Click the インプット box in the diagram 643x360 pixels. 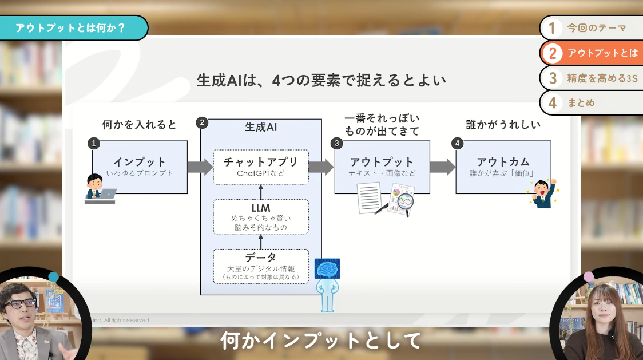tap(140, 166)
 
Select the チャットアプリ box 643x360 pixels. tap(261, 167)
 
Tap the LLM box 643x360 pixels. tap(261, 216)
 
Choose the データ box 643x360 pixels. tap(261, 266)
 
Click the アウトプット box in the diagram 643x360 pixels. tap(382, 166)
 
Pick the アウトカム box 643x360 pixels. tap(503, 166)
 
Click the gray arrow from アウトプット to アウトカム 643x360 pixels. tap(442, 167)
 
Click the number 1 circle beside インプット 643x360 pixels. tap(94, 143)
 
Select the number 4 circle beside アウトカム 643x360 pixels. tap(457, 143)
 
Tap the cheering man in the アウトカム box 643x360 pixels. tap(541, 193)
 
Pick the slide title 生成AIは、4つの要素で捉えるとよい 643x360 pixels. tap(321, 80)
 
